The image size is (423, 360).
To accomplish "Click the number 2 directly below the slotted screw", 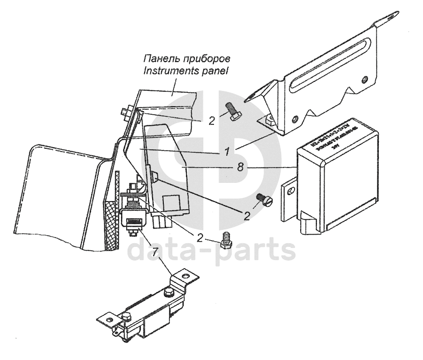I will click(x=246, y=215).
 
